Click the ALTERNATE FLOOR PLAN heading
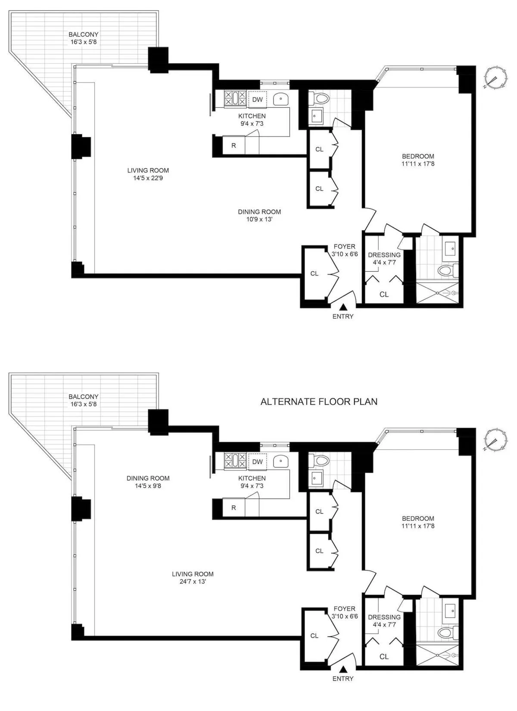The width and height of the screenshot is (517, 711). [x=319, y=402]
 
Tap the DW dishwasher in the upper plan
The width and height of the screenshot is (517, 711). [x=257, y=100]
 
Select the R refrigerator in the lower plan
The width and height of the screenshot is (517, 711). [x=234, y=507]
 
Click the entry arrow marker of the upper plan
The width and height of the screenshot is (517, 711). [x=343, y=307]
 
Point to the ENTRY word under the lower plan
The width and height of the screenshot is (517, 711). [x=343, y=678]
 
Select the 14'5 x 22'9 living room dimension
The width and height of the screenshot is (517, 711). [x=148, y=178]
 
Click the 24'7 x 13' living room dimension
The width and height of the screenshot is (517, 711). [x=193, y=581]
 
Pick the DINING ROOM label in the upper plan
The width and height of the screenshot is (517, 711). [x=259, y=212]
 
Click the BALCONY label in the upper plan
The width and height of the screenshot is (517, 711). [x=84, y=34]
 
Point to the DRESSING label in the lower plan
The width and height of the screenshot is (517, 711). [x=384, y=617]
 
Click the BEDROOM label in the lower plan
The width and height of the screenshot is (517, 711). [x=418, y=518]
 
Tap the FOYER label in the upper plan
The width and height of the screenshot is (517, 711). [x=345, y=247]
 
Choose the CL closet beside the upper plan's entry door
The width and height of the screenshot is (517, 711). [x=315, y=273]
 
